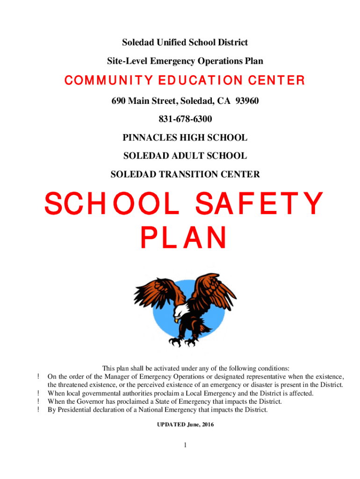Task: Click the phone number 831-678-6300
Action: tap(185, 119)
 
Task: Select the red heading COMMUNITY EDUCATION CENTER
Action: tap(185, 81)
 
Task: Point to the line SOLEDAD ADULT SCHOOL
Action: tap(185, 156)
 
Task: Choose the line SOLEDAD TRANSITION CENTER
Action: tap(185, 174)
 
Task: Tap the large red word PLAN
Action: tap(184, 238)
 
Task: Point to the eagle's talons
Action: tap(178, 340)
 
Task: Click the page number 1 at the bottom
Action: tap(185, 445)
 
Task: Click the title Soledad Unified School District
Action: tap(185, 43)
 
